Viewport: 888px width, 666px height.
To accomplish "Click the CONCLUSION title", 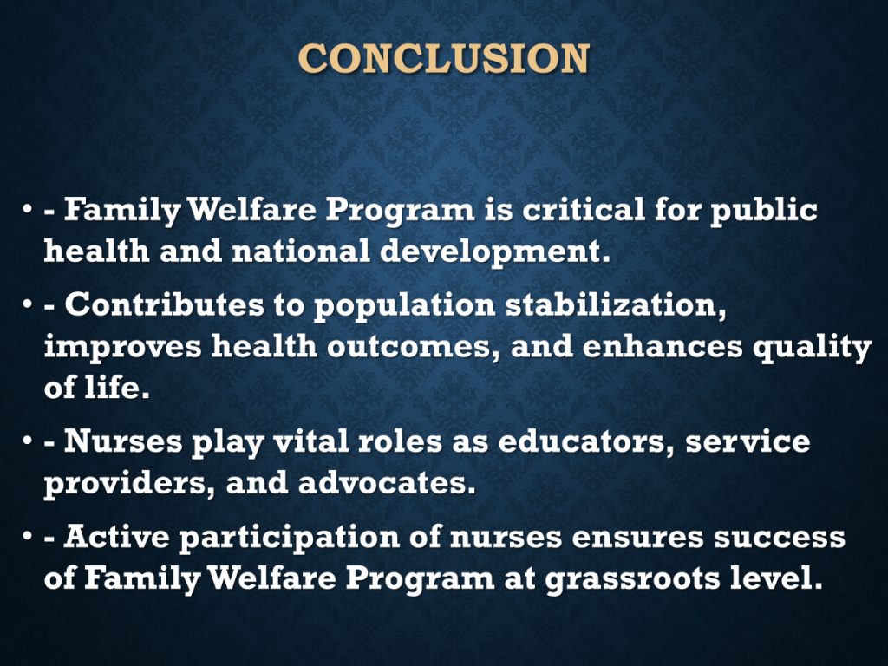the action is coord(444,58).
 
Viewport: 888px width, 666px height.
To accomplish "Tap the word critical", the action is coord(584,209).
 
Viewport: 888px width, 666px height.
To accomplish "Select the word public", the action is coord(764,210).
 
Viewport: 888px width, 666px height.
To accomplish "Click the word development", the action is coord(495,251).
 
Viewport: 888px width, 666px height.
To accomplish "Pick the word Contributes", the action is coord(164,304).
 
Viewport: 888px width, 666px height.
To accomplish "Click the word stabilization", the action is coord(616,305).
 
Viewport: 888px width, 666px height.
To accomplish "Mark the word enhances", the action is coord(663,346).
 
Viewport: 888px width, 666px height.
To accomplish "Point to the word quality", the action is coord(812,348).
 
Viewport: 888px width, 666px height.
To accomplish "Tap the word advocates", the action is coord(387,482).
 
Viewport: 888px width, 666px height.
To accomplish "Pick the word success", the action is coord(780,537).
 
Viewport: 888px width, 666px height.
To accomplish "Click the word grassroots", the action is coord(632,579).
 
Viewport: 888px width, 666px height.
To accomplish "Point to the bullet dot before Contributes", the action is coord(27,304).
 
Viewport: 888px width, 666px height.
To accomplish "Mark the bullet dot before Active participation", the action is coord(27,536).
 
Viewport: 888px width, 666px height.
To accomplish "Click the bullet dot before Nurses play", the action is coord(27,441).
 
